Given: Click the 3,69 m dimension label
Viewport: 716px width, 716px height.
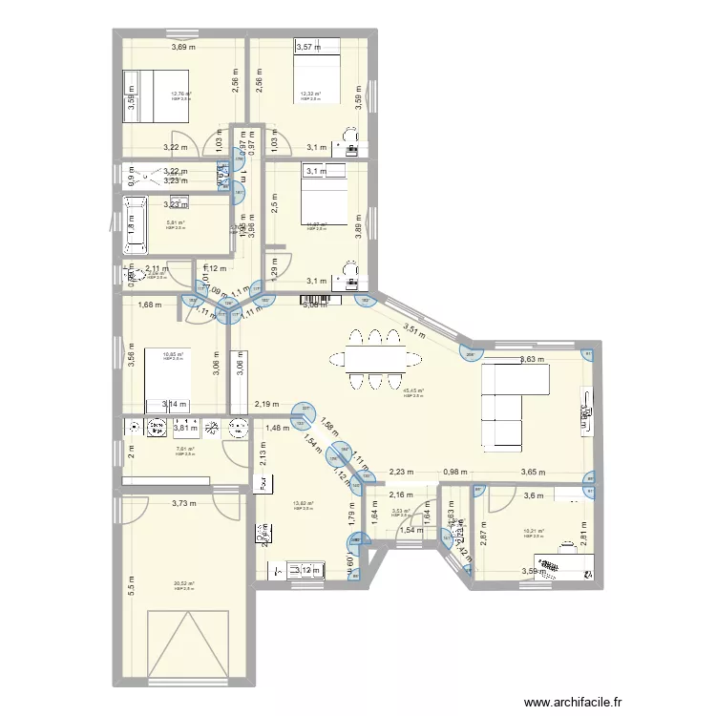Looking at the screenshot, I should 183,46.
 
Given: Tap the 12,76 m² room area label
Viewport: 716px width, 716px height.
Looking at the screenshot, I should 180,94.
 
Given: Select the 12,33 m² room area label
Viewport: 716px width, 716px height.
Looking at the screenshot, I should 310,94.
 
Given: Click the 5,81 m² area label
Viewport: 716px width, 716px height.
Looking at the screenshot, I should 174,222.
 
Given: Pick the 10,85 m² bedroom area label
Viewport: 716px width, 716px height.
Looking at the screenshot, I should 173,353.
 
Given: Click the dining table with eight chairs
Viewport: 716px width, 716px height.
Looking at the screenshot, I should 374,359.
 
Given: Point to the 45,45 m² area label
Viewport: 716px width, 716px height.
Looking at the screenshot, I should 413,390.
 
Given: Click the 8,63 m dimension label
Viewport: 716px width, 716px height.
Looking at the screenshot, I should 531,360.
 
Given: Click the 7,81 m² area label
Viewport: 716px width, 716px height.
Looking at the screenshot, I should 184,450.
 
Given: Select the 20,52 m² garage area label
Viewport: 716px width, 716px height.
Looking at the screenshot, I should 184,584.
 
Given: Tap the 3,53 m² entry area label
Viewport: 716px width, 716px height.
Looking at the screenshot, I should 401,511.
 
